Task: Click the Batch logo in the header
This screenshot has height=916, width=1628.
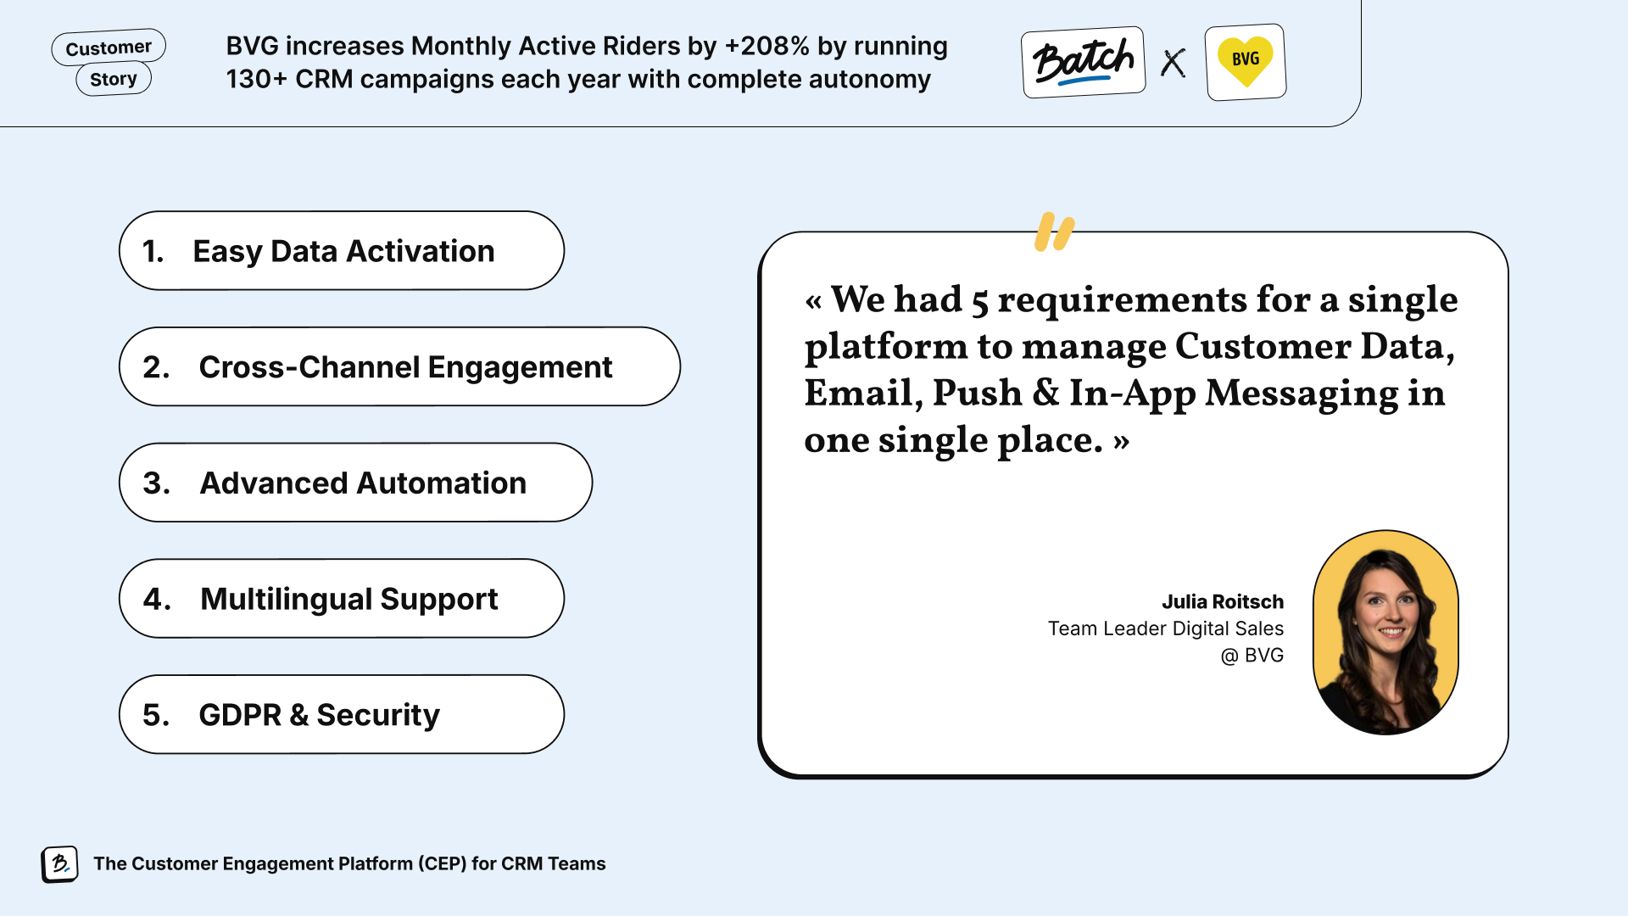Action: pyautogui.click(x=1083, y=62)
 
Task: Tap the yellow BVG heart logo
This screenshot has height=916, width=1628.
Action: pyautogui.click(x=1245, y=62)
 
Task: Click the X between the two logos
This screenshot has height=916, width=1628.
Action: pyautogui.click(x=1174, y=63)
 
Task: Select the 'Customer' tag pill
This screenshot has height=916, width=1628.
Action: pyautogui.click(x=109, y=47)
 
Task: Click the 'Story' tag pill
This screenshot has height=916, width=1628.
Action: pyautogui.click(x=114, y=79)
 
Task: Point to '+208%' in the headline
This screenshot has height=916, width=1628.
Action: pyautogui.click(x=767, y=46)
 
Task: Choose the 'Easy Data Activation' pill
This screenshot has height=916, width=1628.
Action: pyautogui.click(x=342, y=250)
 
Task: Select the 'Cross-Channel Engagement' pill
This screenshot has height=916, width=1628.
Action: pyautogui.click(x=399, y=366)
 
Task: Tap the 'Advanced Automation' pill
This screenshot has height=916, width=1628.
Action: pyautogui.click(x=355, y=483)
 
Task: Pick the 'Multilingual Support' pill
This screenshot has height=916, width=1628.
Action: pyautogui.click(x=342, y=598)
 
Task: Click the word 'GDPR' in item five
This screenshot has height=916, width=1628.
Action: pyautogui.click(x=240, y=715)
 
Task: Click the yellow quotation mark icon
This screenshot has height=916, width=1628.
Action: pyautogui.click(x=1054, y=232)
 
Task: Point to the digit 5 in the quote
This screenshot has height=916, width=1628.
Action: pyautogui.click(x=979, y=303)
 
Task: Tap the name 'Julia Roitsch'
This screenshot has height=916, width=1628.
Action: pyautogui.click(x=1223, y=602)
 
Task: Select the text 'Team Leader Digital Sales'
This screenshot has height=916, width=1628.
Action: pyautogui.click(x=1166, y=628)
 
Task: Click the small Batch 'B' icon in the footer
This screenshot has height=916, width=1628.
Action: pyautogui.click(x=60, y=864)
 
